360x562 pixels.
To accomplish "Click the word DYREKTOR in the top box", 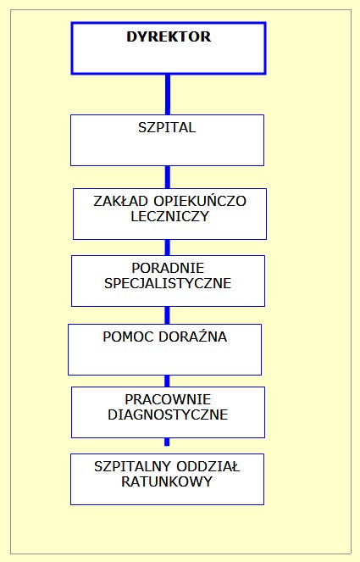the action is pyautogui.click(x=169, y=36).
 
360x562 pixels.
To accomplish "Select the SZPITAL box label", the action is pyautogui.click(x=167, y=128).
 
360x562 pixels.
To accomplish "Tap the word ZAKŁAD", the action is pyautogui.click(x=121, y=201).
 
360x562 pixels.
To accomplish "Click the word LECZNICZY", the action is pyautogui.click(x=169, y=216).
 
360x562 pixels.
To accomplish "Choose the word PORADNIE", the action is pyautogui.click(x=168, y=268).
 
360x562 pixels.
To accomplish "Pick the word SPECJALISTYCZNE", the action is pyautogui.click(x=168, y=283).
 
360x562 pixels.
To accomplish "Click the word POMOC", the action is pyautogui.click(x=127, y=337).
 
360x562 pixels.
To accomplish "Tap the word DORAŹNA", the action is pyautogui.click(x=193, y=337).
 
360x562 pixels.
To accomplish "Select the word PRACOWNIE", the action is pyautogui.click(x=168, y=399).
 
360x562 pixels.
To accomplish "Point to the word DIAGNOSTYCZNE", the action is pyautogui.click(x=168, y=415).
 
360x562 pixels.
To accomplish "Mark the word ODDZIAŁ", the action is pyautogui.click(x=207, y=466).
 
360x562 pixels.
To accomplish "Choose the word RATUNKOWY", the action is pyautogui.click(x=167, y=481).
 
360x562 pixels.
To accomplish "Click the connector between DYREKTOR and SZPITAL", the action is pyautogui.click(x=167, y=95).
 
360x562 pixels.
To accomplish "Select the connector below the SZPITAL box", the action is pyautogui.click(x=167, y=177).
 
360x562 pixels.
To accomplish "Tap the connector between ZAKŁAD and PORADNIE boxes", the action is pyautogui.click(x=167, y=248).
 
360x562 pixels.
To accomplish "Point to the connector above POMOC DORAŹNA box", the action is pyautogui.click(x=167, y=315).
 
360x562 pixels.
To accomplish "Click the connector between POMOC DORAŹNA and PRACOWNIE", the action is pyautogui.click(x=167, y=381).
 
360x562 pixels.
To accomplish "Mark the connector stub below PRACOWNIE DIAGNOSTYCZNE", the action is pyautogui.click(x=167, y=442).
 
